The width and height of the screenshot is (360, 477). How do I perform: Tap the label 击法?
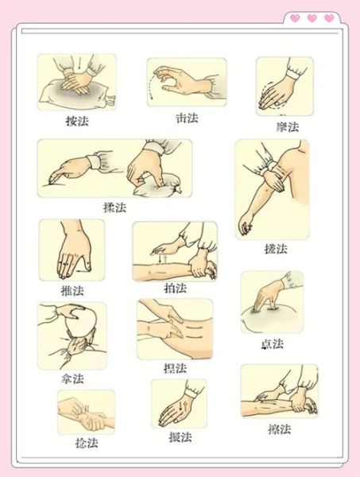pyautogui.click(x=186, y=118)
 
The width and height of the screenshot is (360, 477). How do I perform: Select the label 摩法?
pyautogui.click(x=287, y=126)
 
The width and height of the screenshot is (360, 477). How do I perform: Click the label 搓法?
pyautogui.click(x=275, y=248)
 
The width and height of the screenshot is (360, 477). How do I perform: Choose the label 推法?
pyautogui.click(x=72, y=290)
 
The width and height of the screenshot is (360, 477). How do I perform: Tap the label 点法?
pyautogui.click(x=272, y=343)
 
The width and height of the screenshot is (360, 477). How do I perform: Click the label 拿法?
pyautogui.click(x=72, y=378)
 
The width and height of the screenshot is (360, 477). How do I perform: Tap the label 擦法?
pyautogui.click(x=279, y=429)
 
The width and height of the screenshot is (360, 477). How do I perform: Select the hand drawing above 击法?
pyautogui.click(x=186, y=81)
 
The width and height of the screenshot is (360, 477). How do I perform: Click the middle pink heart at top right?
pyautogui.click(x=312, y=17)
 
